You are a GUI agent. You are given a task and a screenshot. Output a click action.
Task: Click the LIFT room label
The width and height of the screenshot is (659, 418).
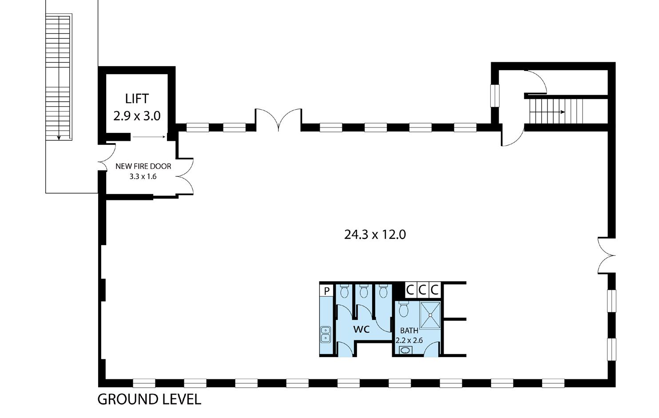[x=137, y=98]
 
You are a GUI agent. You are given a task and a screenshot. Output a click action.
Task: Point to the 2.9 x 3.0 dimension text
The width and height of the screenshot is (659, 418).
[x=137, y=116]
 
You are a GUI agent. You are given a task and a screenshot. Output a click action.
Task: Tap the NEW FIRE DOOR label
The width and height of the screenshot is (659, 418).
[x=143, y=167]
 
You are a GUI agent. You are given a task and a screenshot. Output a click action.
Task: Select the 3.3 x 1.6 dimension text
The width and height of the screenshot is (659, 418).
[x=143, y=176]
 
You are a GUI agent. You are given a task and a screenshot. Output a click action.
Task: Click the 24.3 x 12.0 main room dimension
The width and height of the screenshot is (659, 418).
[x=375, y=235]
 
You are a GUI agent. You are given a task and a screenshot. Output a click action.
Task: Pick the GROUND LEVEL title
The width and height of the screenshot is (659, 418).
[x=149, y=399]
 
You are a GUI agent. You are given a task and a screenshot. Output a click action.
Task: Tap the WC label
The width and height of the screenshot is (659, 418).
[x=361, y=330]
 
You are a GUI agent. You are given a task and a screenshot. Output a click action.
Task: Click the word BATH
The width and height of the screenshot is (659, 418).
[x=409, y=331]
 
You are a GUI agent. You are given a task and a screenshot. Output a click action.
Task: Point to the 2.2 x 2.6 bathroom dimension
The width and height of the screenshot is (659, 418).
[x=409, y=341]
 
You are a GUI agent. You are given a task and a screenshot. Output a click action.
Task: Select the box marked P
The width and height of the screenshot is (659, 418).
[x=327, y=291]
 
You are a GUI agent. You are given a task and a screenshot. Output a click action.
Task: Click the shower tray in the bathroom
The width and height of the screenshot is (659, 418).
[x=430, y=315]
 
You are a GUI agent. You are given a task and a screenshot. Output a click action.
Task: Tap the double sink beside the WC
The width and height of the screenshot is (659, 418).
[x=326, y=334]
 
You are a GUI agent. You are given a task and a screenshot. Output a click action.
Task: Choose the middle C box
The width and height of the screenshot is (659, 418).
[x=422, y=290]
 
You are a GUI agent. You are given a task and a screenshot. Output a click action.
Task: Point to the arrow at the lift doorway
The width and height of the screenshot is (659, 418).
[x=149, y=137]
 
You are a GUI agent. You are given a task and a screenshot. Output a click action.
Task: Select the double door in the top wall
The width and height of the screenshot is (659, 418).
[x=278, y=120]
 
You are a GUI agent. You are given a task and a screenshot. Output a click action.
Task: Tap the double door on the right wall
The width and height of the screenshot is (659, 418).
[x=606, y=255]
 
